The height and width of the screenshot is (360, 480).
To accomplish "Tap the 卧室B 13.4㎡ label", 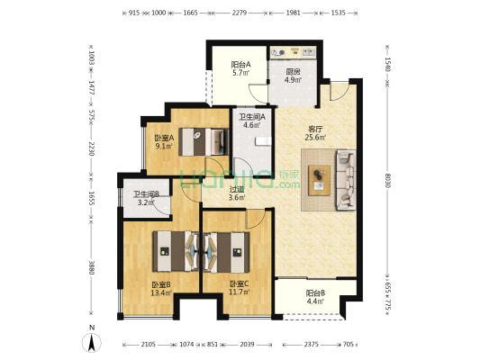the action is [161, 289].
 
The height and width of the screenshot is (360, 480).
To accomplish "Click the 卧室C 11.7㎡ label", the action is [240, 288].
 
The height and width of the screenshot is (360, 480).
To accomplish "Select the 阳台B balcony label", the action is [315, 297].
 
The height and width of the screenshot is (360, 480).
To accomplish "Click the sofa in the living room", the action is [346, 180].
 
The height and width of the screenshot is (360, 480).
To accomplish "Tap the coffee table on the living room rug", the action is [319, 181].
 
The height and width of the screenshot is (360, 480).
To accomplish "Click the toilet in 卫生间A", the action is [263, 141].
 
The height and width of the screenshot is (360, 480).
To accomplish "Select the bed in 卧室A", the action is [204, 142].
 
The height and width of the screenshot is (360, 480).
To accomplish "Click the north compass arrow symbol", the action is [92, 343].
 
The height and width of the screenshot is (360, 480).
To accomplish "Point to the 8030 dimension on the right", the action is [388, 181].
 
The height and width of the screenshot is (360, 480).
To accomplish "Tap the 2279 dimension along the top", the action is [240, 13].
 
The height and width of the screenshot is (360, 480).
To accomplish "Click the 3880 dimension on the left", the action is [91, 267].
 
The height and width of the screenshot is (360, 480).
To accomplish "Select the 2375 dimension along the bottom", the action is [311, 345].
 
